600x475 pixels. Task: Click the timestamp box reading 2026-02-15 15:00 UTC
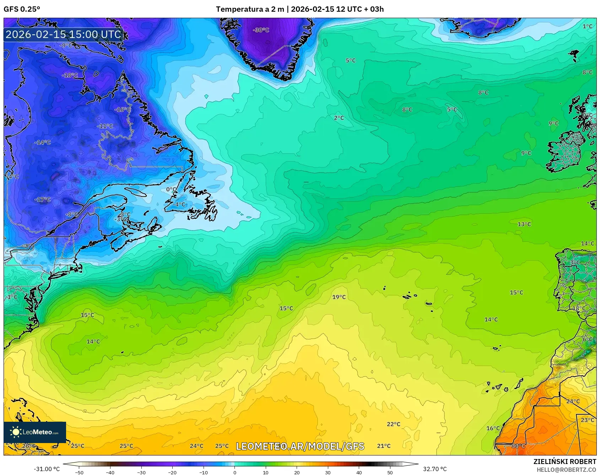point(64,34)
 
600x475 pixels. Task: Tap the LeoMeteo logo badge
point(35,432)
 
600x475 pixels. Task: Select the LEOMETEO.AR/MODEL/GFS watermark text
point(300,446)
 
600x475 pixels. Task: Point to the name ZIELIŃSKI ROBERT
point(564,462)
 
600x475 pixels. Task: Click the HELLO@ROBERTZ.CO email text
point(566,470)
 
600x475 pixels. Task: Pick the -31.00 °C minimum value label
point(47,469)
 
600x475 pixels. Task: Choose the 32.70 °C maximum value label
point(434,469)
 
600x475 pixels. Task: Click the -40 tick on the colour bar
point(110,473)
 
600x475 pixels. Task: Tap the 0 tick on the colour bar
point(234,473)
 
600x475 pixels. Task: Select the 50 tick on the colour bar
point(390,473)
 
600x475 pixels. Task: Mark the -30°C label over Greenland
point(261,30)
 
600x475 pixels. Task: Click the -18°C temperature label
point(70,75)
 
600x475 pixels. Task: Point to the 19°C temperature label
point(339,297)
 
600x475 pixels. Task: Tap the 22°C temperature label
point(393,424)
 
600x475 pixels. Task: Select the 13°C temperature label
point(524,224)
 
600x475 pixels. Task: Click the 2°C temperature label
point(339,118)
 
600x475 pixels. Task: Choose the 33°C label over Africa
point(518,446)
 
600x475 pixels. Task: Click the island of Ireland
point(567,151)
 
